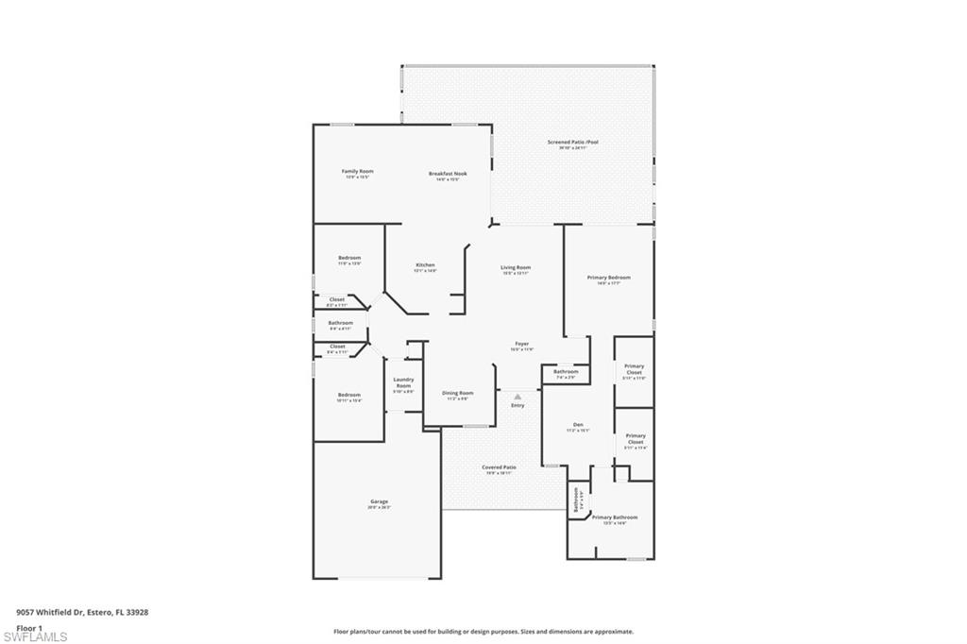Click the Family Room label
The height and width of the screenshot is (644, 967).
(x=357, y=172)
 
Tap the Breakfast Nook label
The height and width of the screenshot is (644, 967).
(x=448, y=174)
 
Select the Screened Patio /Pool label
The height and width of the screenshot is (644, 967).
(x=572, y=143)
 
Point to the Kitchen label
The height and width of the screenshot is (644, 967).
(x=425, y=265)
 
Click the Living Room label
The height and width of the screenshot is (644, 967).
(x=516, y=268)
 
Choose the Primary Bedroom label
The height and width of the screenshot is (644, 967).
(x=608, y=278)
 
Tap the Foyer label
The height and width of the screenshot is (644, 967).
(x=521, y=344)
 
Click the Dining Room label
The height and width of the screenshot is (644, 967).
(x=458, y=393)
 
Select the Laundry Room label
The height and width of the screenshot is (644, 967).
(x=403, y=382)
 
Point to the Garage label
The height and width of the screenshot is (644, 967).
(x=378, y=501)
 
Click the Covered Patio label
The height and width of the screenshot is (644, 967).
(x=499, y=467)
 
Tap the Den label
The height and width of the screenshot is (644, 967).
(x=578, y=425)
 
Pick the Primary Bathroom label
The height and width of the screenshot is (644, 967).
(x=614, y=517)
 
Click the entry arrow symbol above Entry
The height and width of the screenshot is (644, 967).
(x=517, y=398)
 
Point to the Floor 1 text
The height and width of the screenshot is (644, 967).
(x=29, y=627)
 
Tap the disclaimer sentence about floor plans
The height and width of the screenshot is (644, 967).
(x=483, y=632)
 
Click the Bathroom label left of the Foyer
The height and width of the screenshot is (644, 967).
(x=340, y=323)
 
